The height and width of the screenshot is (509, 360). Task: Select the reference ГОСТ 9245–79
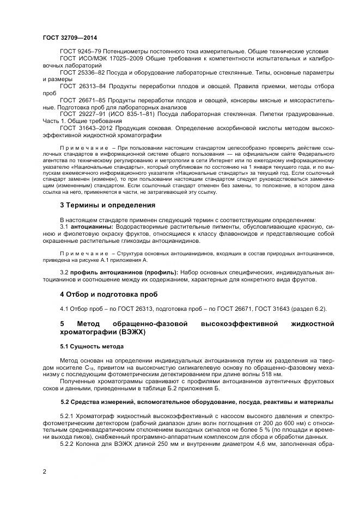pyautogui.click(x=80, y=51)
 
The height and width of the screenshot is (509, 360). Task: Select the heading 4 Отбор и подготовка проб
pyautogui.click(x=108, y=295)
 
